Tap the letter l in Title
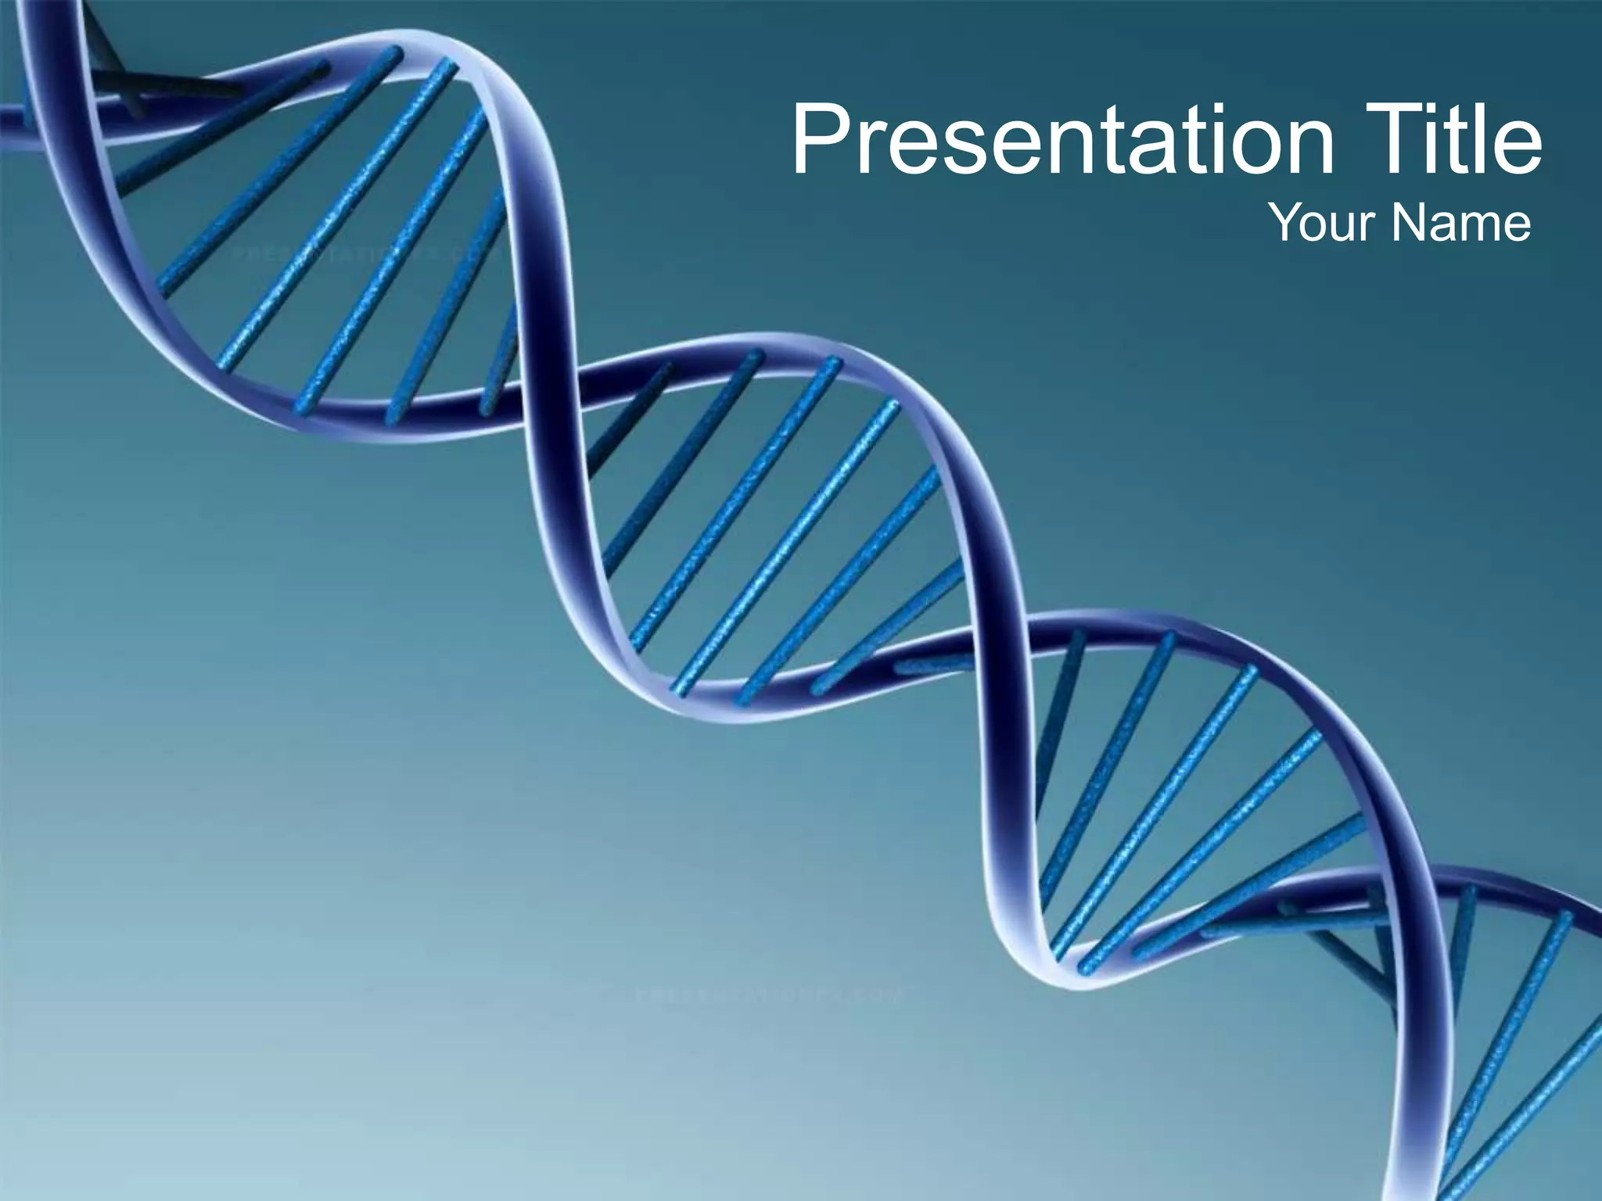(x=1485, y=139)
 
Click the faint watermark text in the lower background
(x=770, y=995)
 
